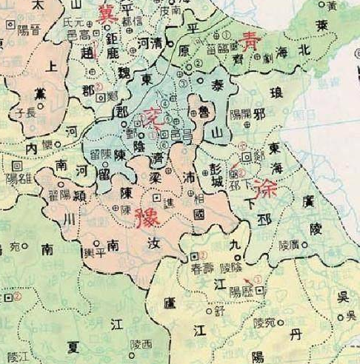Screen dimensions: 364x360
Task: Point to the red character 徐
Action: coord(263,184)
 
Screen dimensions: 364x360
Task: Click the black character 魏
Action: coord(121,74)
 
